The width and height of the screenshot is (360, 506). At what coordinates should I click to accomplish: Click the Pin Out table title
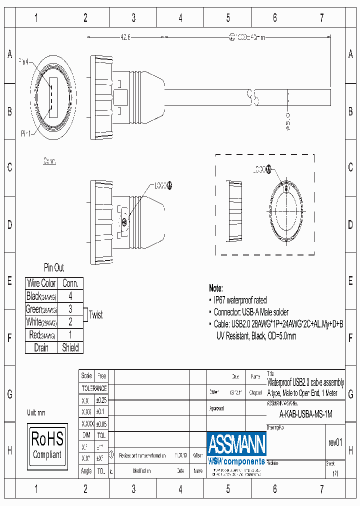pos(54,267)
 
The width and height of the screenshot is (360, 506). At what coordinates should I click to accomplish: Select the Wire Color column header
pos(41,283)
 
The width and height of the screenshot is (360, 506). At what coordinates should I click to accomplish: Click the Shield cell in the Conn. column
pos(70,347)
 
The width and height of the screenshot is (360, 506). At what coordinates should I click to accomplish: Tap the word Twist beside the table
pos(95,315)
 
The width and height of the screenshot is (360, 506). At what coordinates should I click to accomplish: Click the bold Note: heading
pos(216,288)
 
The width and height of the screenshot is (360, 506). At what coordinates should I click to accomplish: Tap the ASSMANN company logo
pos(236,448)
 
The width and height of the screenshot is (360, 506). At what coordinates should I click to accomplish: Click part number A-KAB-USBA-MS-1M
pos(305,414)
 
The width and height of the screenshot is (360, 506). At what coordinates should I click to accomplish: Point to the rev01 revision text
pos(335,442)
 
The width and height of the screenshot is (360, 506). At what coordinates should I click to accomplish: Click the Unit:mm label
pos(36,413)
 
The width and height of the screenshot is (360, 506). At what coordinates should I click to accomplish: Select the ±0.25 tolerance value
pos(101,400)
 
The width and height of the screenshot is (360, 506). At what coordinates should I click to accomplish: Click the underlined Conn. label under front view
pos(49,161)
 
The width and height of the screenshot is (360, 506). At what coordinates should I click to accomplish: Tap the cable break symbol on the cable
pos(253,97)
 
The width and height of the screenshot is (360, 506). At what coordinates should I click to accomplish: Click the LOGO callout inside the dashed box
pos(261,169)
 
